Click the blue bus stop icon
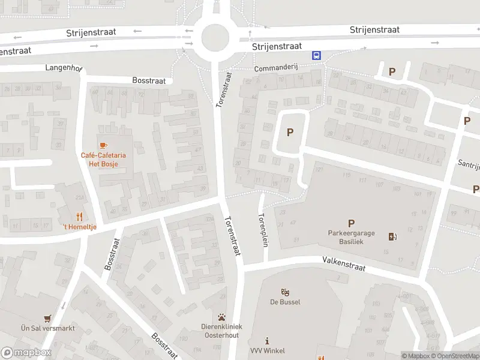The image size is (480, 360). coord(316,55)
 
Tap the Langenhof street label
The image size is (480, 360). coord(62,68)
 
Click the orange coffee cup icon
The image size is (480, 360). coord(103,145)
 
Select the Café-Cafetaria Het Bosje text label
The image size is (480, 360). coord(103,160)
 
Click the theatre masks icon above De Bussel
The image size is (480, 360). coord(286,292)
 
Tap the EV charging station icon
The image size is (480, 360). coord(392,236)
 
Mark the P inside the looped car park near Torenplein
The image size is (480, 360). coord(290,132)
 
